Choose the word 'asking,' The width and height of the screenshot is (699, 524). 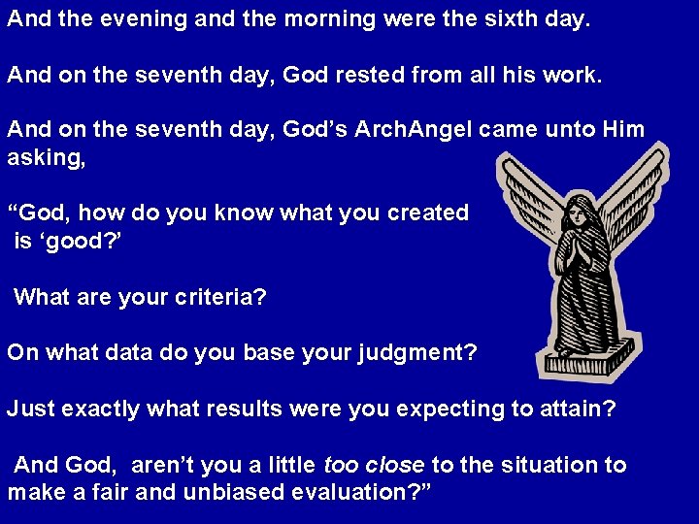point(46,157)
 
